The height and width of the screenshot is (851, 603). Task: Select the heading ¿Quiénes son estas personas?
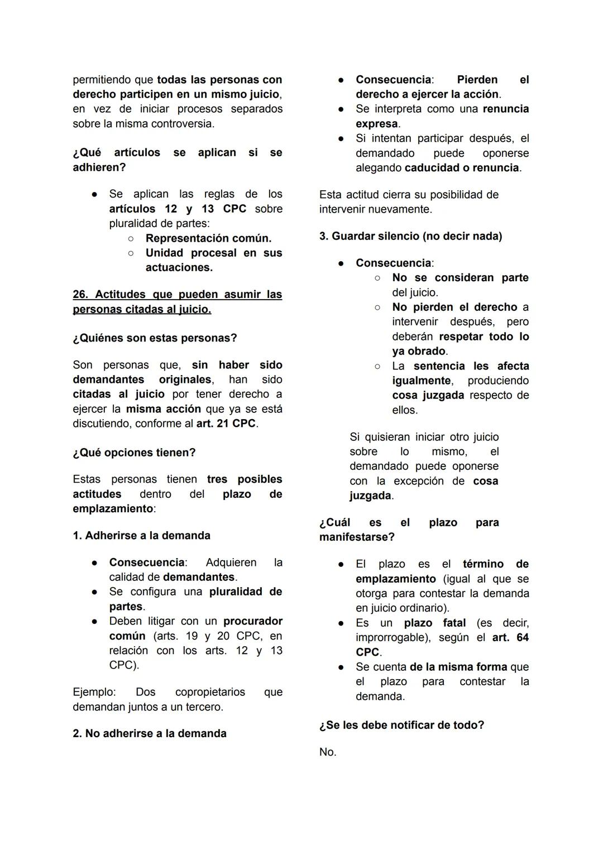coord(155,338)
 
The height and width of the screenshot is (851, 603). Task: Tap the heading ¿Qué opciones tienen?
coord(134,453)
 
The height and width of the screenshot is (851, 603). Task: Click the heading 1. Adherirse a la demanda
coord(141,536)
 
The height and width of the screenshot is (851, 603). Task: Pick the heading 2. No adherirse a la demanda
coord(149,733)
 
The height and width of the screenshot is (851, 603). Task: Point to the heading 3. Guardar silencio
coord(410,236)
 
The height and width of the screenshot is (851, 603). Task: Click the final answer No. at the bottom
coord(328,752)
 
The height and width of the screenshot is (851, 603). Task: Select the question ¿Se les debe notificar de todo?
coord(401,725)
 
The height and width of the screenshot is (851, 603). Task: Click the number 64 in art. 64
coord(522,637)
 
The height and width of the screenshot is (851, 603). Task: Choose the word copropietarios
coord(210,692)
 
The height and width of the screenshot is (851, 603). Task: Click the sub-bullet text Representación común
coord(208,238)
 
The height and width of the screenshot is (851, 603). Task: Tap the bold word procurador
coord(252,621)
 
